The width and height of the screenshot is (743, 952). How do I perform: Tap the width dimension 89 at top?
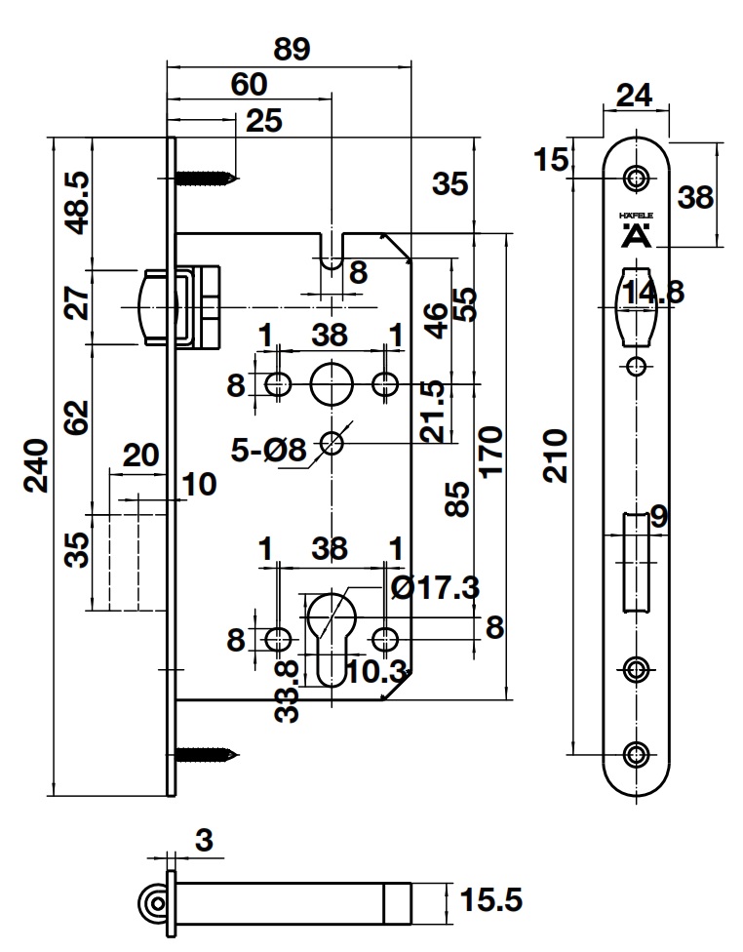(290, 51)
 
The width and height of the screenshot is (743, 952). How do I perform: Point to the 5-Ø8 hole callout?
(269, 450)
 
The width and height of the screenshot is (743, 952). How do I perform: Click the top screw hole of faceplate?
(637, 178)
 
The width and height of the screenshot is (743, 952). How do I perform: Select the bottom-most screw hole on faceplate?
(637, 753)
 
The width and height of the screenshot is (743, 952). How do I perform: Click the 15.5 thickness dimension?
(489, 899)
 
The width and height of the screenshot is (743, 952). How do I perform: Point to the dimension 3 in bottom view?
(204, 840)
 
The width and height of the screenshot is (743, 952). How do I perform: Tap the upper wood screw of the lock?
(208, 178)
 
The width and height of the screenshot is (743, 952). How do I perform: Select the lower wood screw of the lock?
(208, 753)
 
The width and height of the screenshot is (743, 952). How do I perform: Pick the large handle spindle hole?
(332, 384)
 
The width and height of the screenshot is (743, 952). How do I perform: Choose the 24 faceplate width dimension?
(634, 95)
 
